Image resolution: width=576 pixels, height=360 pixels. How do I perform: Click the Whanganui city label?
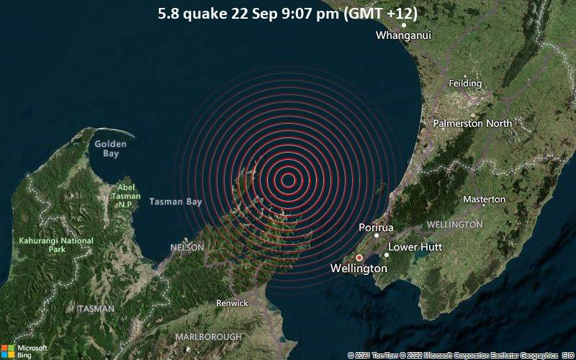pyautogui.click(x=403, y=35)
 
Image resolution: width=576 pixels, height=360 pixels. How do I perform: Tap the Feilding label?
pyautogui.click(x=465, y=84)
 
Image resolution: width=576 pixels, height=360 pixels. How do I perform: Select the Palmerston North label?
pyautogui.click(x=472, y=123)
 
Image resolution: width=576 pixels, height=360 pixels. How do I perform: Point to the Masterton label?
pyautogui.click(x=484, y=199)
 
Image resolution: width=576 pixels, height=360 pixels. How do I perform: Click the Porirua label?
pyautogui.click(x=376, y=228)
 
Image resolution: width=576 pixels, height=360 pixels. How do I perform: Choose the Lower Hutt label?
pyautogui.click(x=415, y=247)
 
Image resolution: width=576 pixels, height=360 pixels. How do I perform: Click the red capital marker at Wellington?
pyautogui.click(x=359, y=257)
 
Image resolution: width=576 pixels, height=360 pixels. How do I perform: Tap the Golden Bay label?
pyautogui.click(x=111, y=149)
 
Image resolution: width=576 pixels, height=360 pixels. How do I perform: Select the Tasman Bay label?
pyautogui.click(x=176, y=202)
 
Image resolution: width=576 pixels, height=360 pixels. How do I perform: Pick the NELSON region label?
pyautogui.click(x=187, y=248)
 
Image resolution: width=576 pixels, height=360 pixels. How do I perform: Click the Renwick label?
pyautogui.click(x=232, y=303)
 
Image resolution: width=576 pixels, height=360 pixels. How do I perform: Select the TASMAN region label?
pyautogui.click(x=96, y=309)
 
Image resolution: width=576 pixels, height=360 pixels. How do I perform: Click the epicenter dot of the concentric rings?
pyautogui.click(x=287, y=180)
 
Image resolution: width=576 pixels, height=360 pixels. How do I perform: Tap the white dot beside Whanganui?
pyautogui.click(x=404, y=25)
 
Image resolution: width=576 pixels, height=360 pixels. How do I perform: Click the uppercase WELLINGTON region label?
pyautogui.click(x=454, y=225)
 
